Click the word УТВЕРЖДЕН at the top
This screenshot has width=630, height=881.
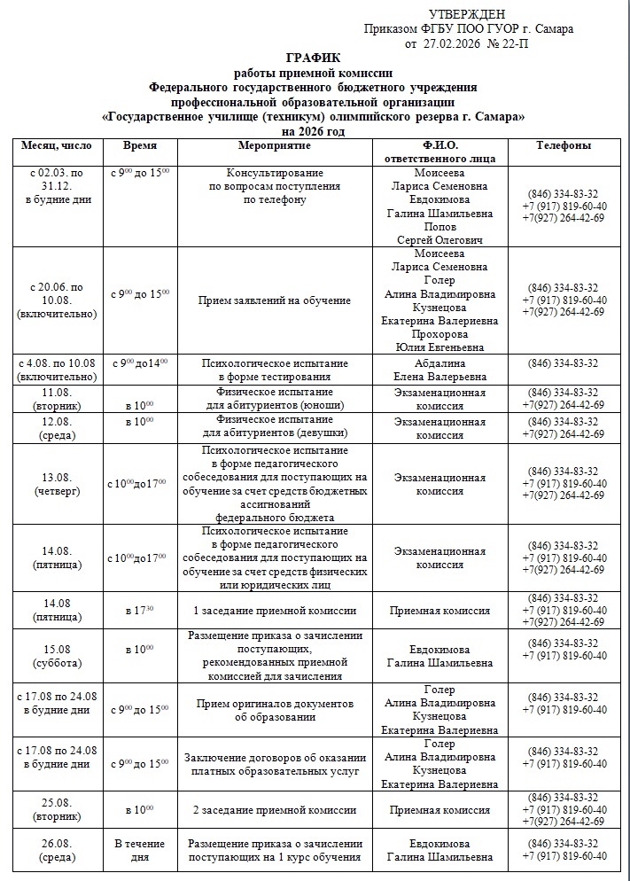[x=466, y=14]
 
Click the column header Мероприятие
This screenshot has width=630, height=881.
[x=274, y=144]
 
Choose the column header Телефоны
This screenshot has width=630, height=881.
[x=564, y=144]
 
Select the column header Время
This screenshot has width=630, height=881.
[x=140, y=144]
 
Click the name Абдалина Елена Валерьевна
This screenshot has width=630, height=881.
[x=439, y=370]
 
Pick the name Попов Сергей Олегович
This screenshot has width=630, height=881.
[x=439, y=234]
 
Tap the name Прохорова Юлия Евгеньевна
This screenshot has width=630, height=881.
[x=439, y=341]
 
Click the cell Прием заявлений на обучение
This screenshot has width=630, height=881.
[x=274, y=300]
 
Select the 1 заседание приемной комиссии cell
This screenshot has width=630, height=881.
[x=274, y=611]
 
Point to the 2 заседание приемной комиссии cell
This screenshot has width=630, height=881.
[x=274, y=810]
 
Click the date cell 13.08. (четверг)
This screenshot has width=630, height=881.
[x=57, y=484]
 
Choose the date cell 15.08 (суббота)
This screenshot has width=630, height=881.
[x=57, y=655]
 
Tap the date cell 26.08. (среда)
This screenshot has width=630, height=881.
[x=57, y=850]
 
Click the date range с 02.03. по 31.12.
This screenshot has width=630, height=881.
[x=57, y=179]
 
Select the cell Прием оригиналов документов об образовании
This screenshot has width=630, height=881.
[x=274, y=710]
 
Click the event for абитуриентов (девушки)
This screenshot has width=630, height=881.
[x=274, y=427]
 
